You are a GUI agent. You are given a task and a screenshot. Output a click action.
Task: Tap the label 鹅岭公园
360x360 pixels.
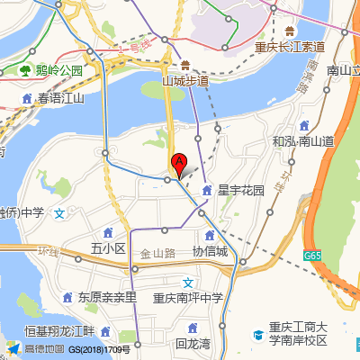[x=59, y=70]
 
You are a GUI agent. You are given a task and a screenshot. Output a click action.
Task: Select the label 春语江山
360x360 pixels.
[x=60, y=98]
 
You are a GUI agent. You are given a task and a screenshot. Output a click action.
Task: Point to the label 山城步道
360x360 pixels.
[x=184, y=81]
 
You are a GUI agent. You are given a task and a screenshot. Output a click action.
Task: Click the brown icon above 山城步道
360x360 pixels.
[x=184, y=65]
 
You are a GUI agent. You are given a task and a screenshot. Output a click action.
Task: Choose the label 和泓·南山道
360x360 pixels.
[x=303, y=141]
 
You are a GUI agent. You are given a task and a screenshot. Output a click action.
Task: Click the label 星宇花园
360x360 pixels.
[x=241, y=191]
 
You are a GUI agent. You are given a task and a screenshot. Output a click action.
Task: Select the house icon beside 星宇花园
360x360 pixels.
[x=208, y=191]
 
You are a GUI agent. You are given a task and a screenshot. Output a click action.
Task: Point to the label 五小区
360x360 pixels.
[x=108, y=247]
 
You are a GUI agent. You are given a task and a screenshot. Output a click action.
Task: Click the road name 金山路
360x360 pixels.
[x=157, y=255]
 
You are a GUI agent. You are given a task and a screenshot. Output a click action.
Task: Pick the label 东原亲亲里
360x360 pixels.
[x=106, y=296]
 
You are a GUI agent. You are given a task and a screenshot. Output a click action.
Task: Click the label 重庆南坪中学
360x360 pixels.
[x=186, y=298]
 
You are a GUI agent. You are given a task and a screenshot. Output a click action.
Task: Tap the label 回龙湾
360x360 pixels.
[x=193, y=343]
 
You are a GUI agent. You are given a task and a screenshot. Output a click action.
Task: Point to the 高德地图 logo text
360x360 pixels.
[x=44, y=349]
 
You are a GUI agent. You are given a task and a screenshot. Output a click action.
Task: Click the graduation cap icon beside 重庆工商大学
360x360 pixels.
[x=257, y=334]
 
